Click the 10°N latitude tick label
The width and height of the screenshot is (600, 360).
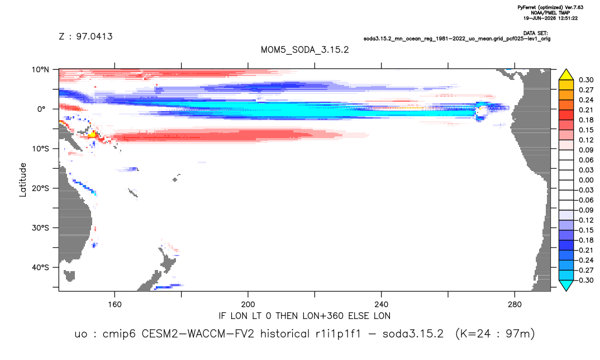point(40,70)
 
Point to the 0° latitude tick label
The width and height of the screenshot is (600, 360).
point(41,109)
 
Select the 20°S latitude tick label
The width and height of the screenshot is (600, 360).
point(40,188)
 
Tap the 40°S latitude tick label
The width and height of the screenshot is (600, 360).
point(40,267)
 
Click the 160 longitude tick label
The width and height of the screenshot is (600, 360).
point(115,305)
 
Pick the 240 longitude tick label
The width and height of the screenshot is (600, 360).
point(382,305)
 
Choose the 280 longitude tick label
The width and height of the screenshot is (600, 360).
point(515,305)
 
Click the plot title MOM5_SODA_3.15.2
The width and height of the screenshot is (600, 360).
point(304,50)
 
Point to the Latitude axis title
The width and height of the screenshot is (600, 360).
point(23,180)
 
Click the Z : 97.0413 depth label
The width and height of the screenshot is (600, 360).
point(85,37)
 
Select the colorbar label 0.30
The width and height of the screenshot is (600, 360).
point(586,80)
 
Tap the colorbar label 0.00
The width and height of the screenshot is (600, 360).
point(586,181)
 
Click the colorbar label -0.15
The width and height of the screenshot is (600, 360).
point(585,230)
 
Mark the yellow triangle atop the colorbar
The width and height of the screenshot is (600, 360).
point(566,74)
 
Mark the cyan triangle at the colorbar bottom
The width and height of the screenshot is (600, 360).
point(566,286)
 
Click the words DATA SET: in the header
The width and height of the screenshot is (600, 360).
point(536,34)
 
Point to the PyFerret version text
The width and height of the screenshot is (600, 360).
point(550,8)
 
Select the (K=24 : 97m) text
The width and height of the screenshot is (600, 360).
point(495,334)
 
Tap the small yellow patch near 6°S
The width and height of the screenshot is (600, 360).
point(92,134)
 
